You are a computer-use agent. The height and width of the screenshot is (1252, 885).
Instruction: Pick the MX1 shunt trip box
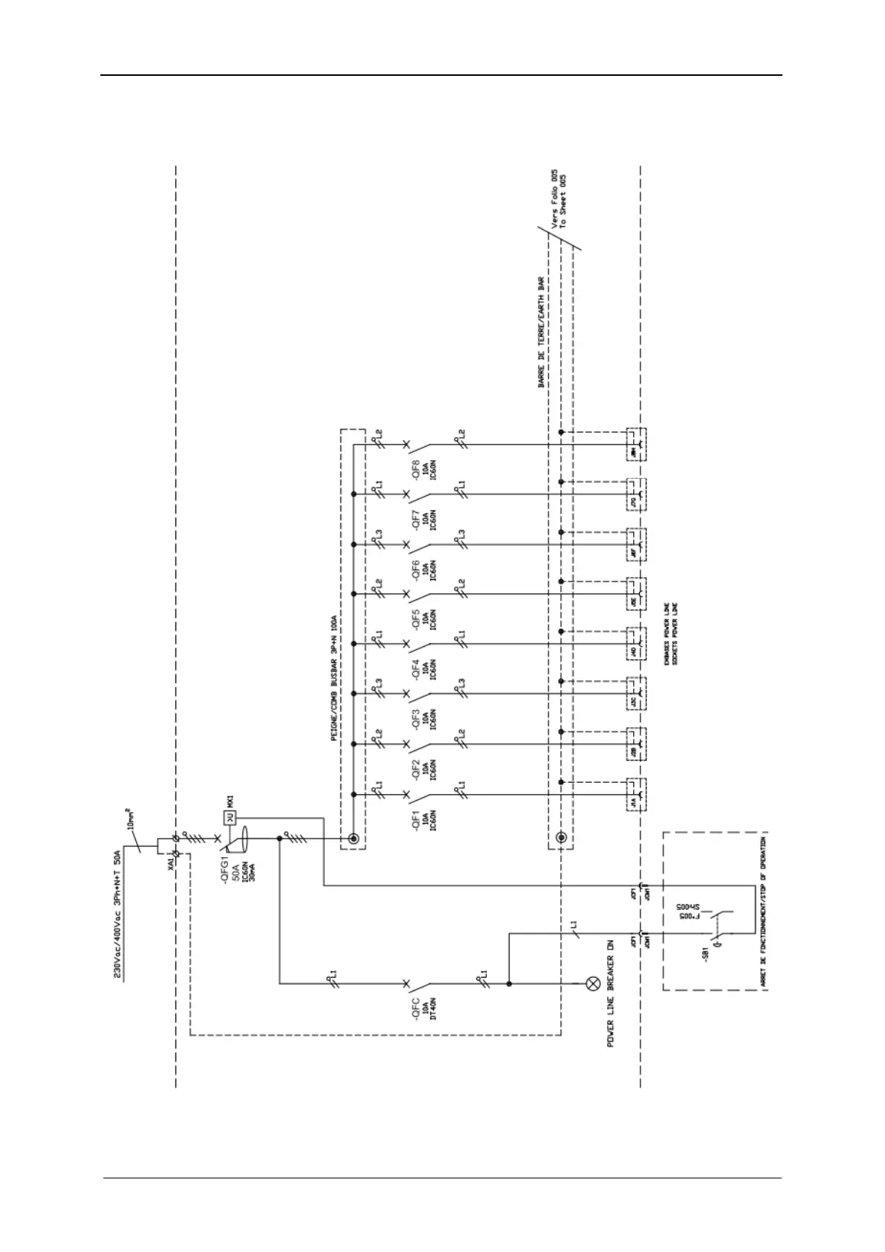[x=230, y=818]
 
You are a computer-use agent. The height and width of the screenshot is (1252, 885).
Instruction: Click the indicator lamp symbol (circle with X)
[x=593, y=984]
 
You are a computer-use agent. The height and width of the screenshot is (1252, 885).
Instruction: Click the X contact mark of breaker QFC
[x=406, y=984]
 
